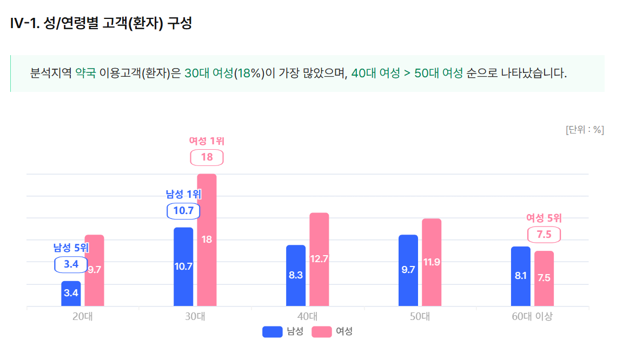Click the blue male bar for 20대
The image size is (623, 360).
71,294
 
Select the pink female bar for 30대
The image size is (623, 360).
207,240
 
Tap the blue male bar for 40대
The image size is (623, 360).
296,276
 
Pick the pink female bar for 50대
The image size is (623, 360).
432,262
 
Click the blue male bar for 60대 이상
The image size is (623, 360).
521,276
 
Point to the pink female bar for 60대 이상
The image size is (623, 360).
544,278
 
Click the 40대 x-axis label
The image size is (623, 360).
308,317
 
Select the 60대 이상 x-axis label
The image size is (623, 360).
532,317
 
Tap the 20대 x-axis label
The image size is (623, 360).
83,317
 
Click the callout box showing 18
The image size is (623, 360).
207,157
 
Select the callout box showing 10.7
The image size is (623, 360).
183,211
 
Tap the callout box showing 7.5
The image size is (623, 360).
544,235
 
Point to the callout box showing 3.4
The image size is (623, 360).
71,264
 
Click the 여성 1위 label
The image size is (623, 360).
207,141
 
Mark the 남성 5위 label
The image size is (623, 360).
71,248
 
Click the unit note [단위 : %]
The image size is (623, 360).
585,130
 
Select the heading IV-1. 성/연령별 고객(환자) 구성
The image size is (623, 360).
101,24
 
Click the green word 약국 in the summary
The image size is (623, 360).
85,73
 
